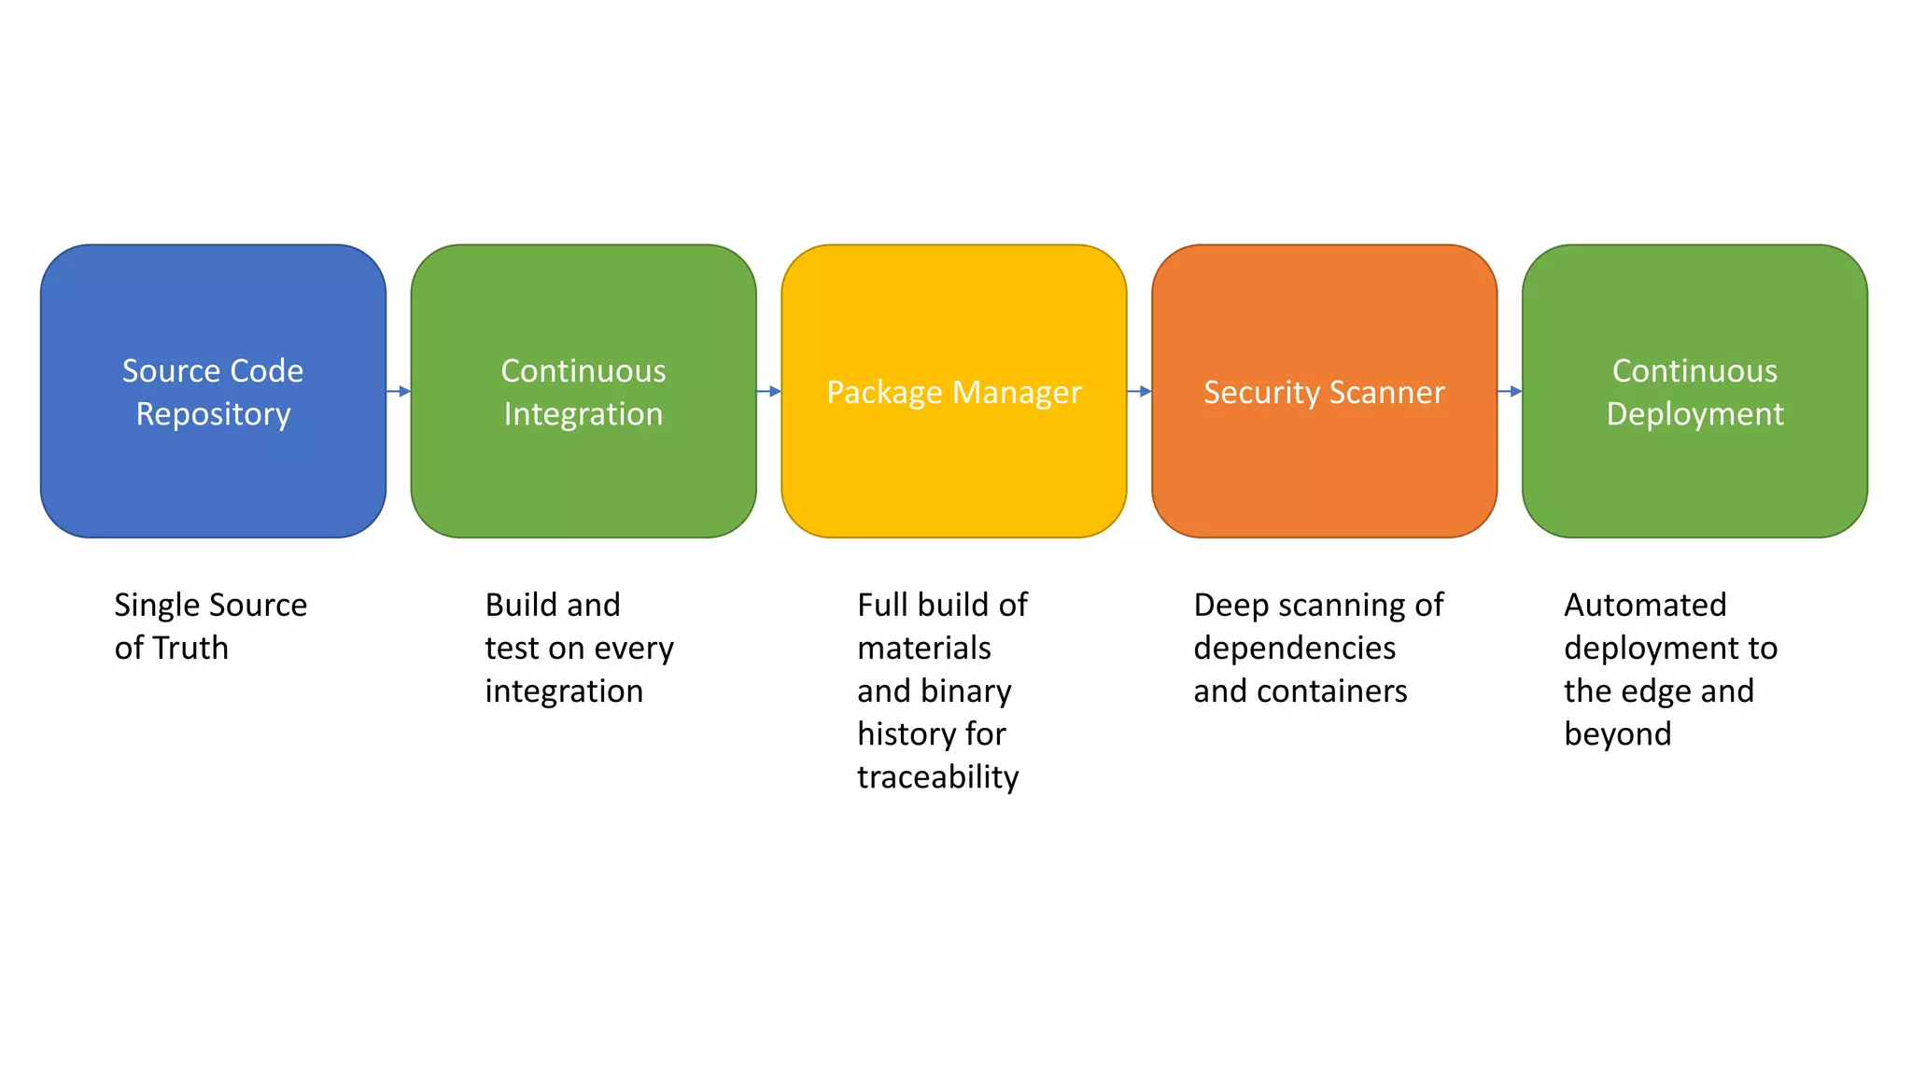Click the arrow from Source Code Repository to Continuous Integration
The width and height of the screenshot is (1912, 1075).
399,391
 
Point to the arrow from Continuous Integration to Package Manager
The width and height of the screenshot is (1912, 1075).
769,391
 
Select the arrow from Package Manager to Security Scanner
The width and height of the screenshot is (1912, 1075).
1139,391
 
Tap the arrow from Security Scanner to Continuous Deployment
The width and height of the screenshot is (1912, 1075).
1510,391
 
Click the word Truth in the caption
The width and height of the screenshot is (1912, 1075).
190,648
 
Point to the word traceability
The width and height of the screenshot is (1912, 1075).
937,776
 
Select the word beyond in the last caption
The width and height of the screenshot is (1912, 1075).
1617,734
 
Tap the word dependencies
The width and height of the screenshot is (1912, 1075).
1294,649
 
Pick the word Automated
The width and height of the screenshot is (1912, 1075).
1645,605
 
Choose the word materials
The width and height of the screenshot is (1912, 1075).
924,648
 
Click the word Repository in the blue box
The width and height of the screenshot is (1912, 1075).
213,414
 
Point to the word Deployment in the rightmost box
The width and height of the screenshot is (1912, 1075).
1694,414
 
